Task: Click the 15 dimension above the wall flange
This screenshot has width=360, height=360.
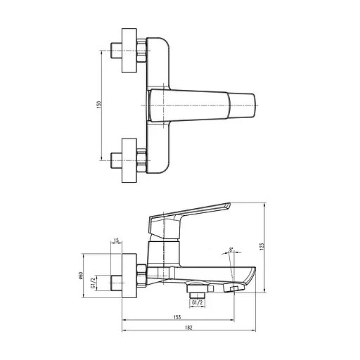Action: pos(115,240)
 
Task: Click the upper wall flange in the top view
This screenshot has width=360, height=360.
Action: pos(129,50)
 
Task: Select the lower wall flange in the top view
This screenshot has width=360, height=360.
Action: pos(129,160)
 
